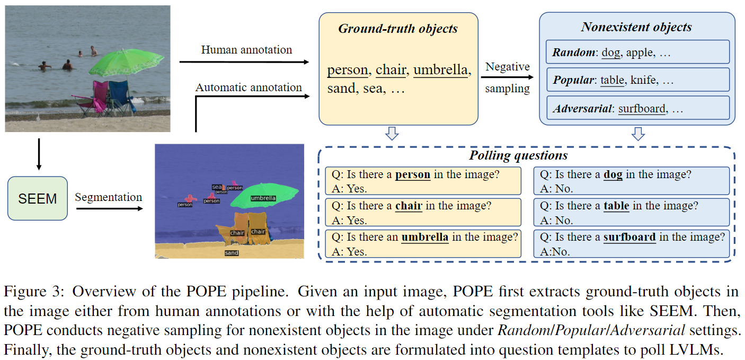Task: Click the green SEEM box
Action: click(38, 198)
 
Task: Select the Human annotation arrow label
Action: click(246, 50)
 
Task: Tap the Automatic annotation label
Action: click(249, 87)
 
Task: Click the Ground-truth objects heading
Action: click(398, 29)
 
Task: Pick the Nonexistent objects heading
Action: click(636, 27)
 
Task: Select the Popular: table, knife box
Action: click(637, 80)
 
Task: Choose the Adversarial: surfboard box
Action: click(637, 109)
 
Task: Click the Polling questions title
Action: click(518, 155)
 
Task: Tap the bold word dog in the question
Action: click(613, 174)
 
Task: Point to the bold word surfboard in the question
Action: click(629, 237)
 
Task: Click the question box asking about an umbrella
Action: click(423, 244)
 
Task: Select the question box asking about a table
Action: click(631, 213)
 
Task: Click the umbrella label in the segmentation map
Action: click(263, 198)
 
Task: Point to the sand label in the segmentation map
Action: click(232, 253)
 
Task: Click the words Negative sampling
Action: click(507, 78)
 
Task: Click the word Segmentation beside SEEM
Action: click(108, 197)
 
